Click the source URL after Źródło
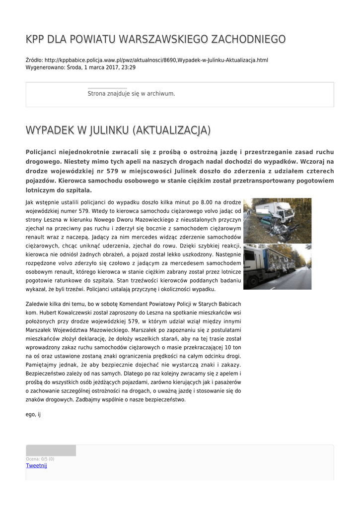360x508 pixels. tap(156, 60)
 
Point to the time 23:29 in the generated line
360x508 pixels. tap(129, 67)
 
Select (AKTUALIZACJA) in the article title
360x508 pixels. tap(171, 130)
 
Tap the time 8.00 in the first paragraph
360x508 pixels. tap(207, 202)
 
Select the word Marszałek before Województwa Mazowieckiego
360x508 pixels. tap(39, 330)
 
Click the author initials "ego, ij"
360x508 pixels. tap(33, 414)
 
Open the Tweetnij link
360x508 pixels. tap(36, 465)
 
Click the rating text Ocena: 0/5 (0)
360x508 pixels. tap(40, 459)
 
